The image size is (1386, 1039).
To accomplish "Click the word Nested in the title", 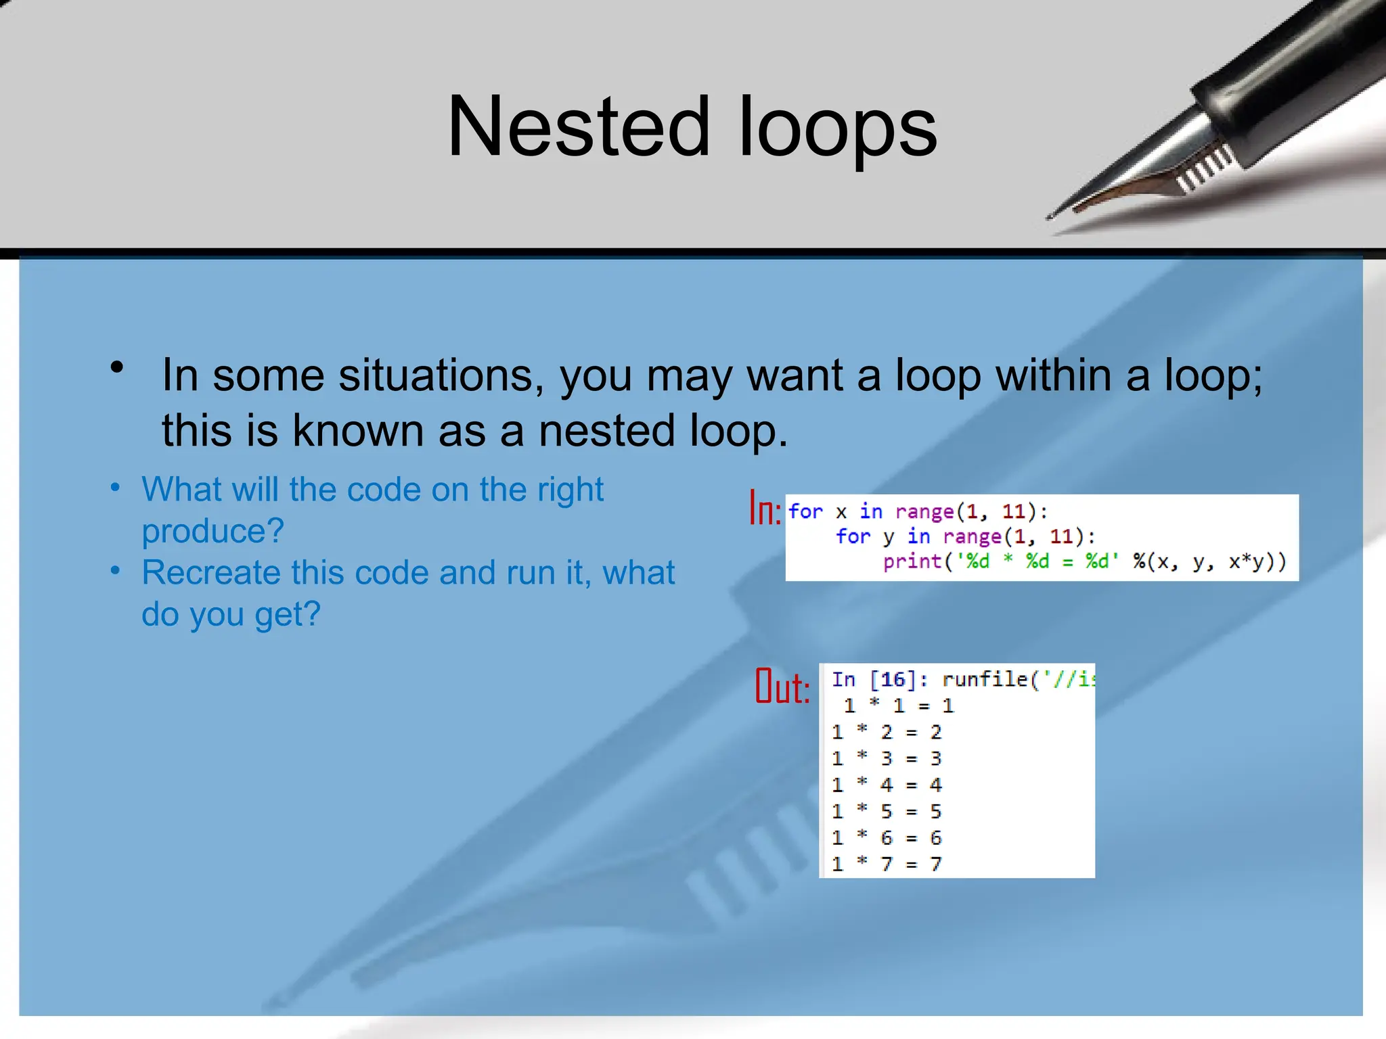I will click(x=579, y=127).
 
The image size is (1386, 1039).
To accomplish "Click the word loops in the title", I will click(x=837, y=127).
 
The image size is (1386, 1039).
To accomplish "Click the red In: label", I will click(x=765, y=509).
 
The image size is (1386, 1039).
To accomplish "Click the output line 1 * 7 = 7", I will click(x=887, y=864).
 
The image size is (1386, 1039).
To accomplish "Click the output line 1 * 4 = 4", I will click(x=887, y=785).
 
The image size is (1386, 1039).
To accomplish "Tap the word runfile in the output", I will click(x=985, y=679).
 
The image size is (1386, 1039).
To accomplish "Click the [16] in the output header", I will click(x=893, y=679).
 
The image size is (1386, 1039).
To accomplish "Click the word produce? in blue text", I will click(x=213, y=531).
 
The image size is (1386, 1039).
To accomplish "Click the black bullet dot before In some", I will click(x=117, y=367).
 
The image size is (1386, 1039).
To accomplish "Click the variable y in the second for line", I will click(x=889, y=537).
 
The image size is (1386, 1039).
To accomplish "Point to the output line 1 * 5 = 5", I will click(x=887, y=811).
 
